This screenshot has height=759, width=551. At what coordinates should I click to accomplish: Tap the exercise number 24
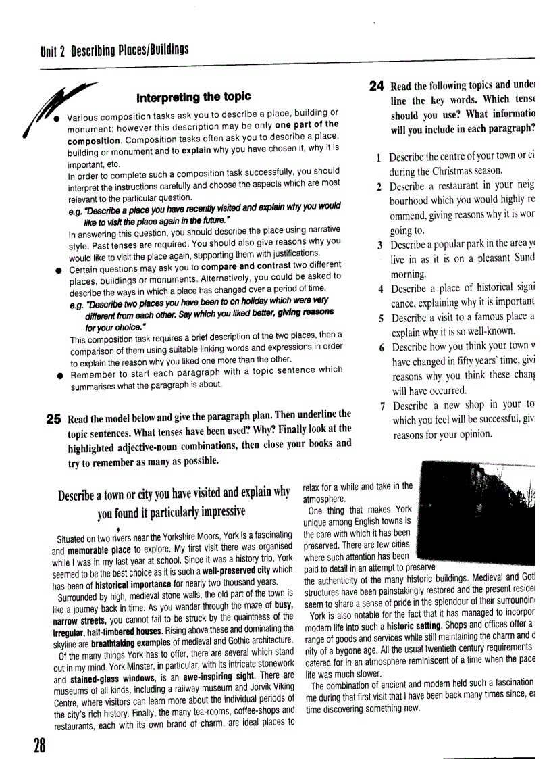377,85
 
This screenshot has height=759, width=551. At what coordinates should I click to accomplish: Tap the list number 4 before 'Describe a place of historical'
381,289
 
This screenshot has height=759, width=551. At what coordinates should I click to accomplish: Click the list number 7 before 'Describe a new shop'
382,406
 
